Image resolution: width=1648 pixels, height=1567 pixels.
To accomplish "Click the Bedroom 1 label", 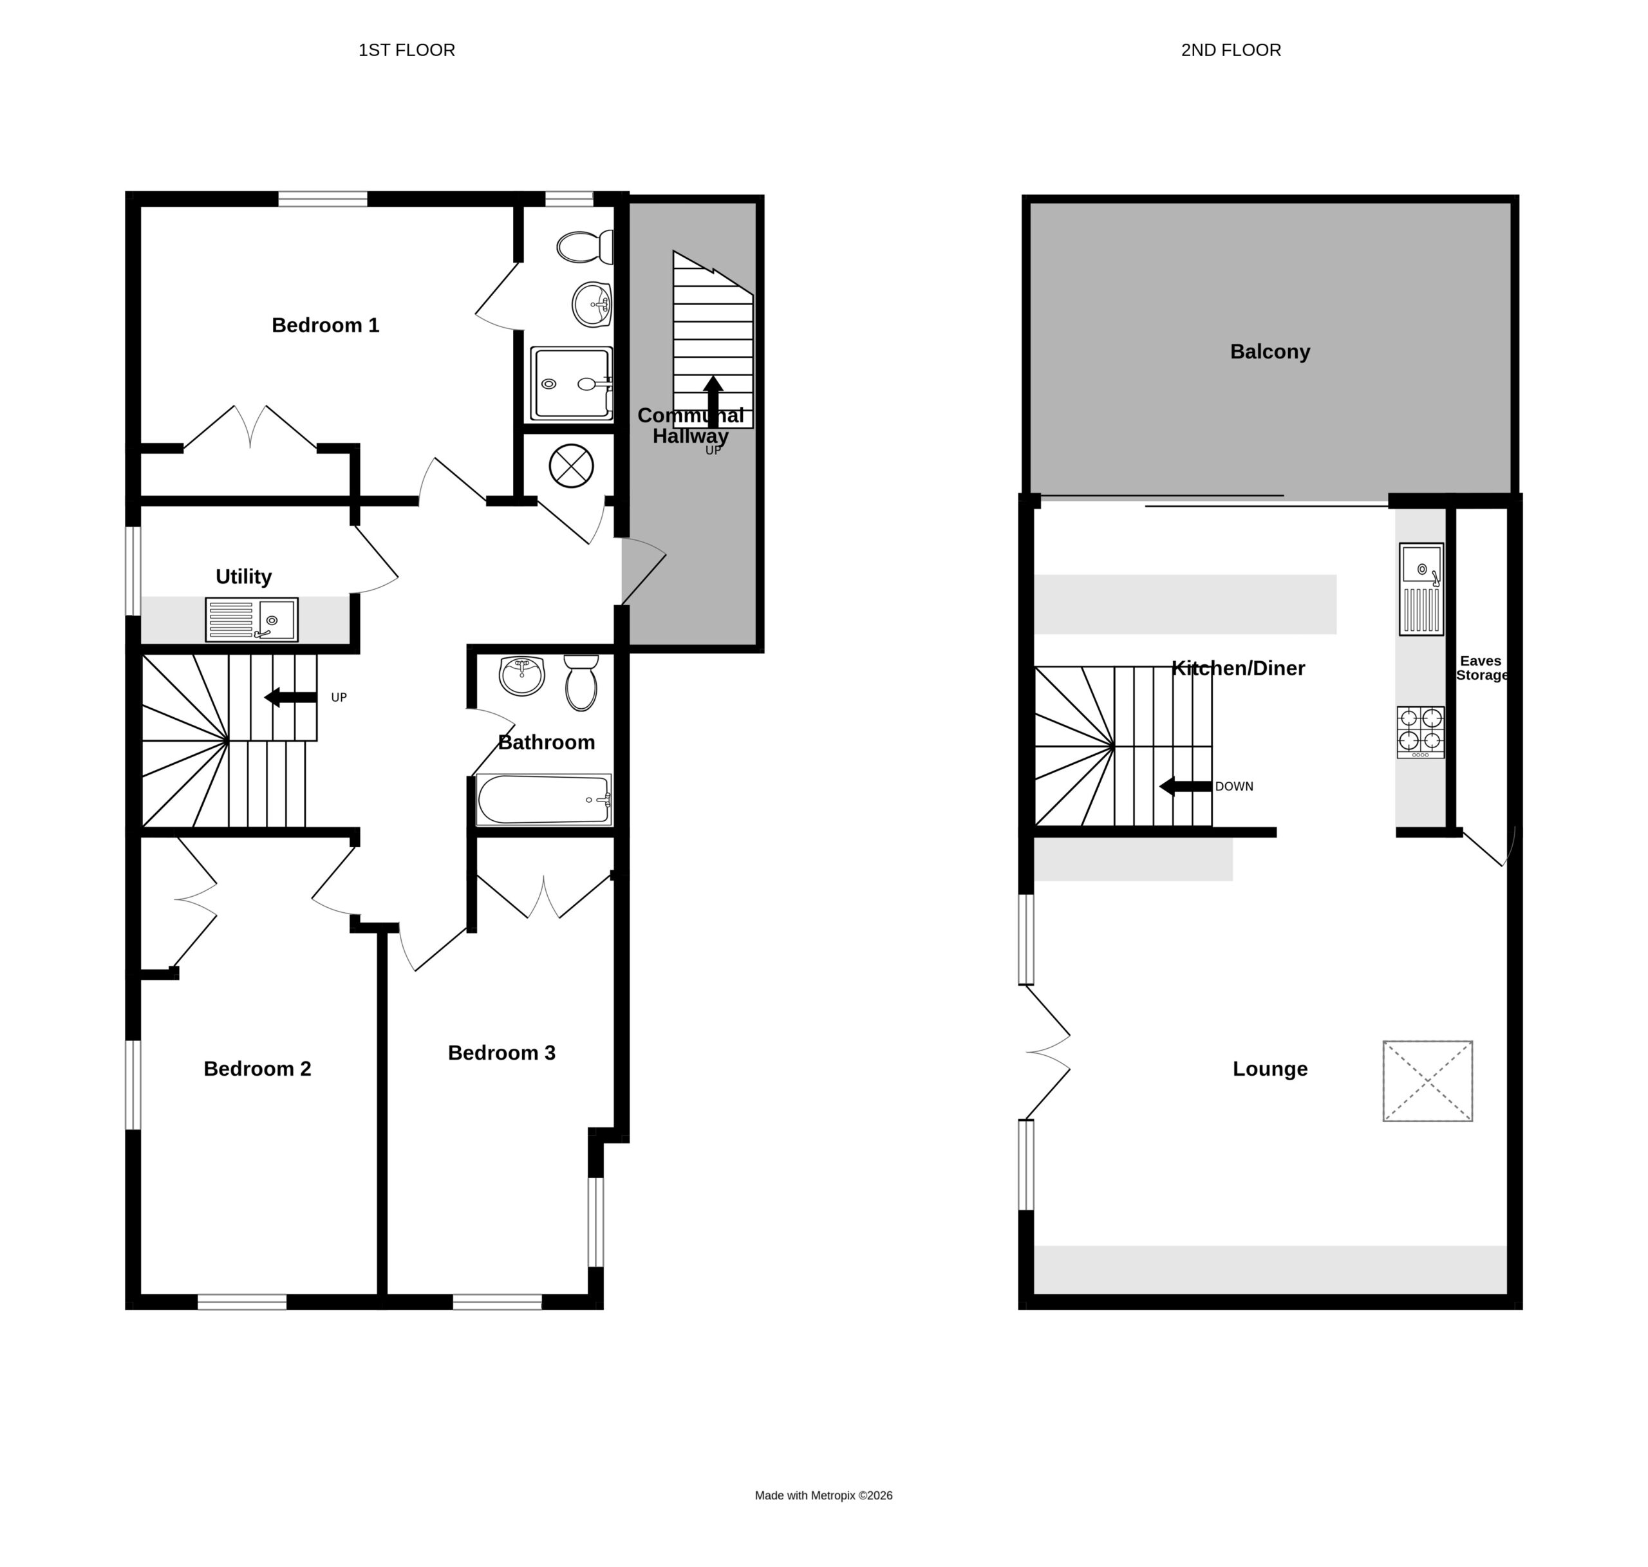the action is (325, 325).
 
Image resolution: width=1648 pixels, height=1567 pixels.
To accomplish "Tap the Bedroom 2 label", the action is (257, 1068).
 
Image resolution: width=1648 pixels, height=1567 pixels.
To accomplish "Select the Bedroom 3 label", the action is (501, 1053).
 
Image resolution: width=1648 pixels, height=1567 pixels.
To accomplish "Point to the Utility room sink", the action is (252, 620).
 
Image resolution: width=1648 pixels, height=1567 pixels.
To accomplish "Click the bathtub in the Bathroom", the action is (544, 800).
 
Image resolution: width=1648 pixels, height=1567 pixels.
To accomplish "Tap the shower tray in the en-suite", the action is (572, 384).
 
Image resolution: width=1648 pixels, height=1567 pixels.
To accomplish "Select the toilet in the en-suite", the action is (585, 247).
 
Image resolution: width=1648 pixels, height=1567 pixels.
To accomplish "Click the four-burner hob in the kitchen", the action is (1420, 733).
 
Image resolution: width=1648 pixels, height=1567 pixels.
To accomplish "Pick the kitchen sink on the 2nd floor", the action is (1421, 589).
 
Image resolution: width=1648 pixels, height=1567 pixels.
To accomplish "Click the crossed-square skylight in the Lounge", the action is (1427, 1081).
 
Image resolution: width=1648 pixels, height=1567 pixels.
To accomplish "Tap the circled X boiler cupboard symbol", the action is (572, 465).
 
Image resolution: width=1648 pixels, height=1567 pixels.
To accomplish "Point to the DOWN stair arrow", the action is (1185, 786).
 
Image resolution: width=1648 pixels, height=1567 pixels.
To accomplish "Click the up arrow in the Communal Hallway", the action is (713, 401).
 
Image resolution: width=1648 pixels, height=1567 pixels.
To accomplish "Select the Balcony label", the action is (1269, 352).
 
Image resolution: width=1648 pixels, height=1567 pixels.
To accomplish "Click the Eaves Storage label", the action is (1481, 668).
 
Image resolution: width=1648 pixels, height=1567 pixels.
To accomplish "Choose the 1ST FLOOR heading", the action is (407, 50).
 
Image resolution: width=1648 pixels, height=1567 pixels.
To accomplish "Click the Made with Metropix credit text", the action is (823, 1519).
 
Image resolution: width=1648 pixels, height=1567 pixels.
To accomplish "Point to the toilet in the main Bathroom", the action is (581, 682).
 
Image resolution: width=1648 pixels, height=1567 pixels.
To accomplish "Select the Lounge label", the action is (1269, 1068).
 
